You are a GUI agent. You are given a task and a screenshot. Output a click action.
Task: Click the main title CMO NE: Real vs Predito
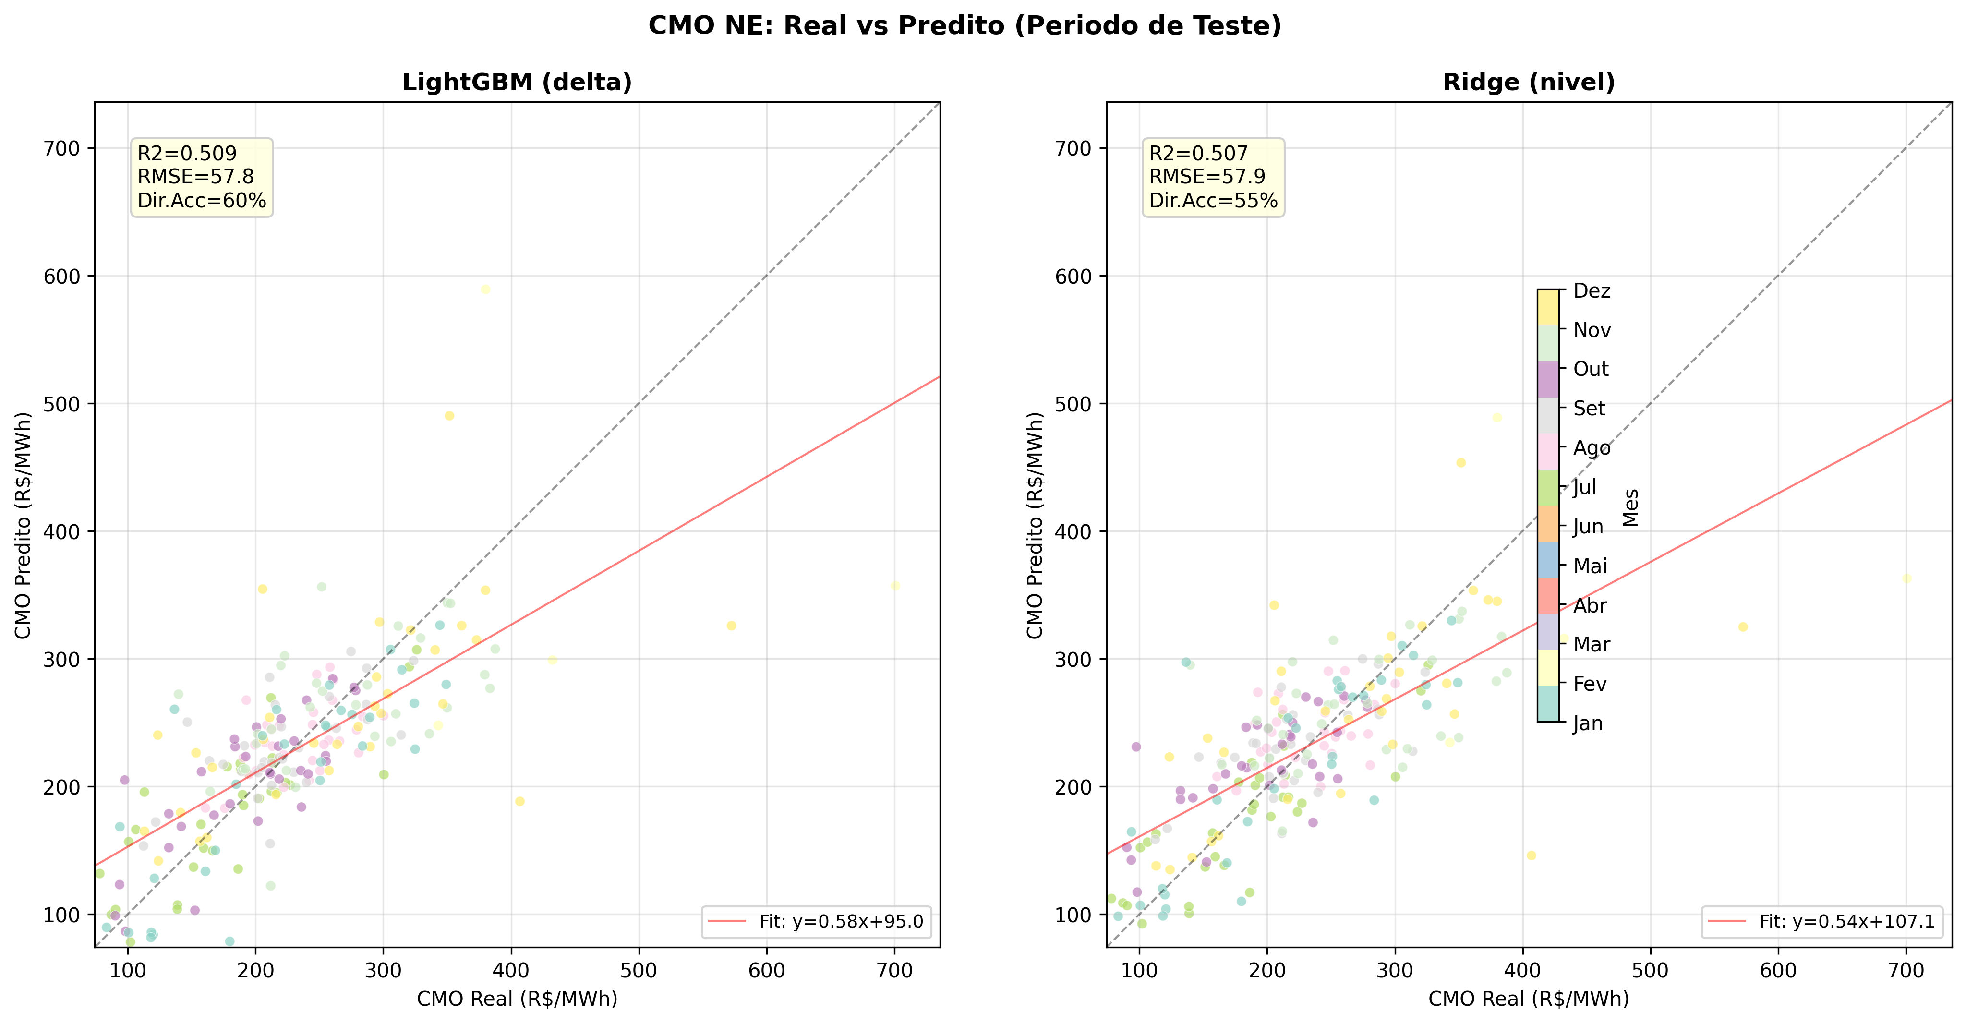click(965, 26)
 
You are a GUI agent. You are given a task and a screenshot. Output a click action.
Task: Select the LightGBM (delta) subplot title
click(517, 83)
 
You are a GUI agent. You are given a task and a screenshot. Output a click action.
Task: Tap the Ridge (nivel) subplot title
click(1529, 83)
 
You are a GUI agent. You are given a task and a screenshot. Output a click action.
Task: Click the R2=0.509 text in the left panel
click(187, 153)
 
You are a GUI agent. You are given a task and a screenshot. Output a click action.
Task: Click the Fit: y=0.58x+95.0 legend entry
click(840, 922)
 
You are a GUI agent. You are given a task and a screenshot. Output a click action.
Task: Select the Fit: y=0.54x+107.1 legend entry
click(1846, 922)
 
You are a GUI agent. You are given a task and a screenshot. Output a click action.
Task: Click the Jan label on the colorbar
click(1588, 723)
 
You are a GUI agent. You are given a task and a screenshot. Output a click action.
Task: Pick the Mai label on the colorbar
click(1590, 566)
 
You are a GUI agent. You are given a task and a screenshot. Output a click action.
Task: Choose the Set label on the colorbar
click(1589, 408)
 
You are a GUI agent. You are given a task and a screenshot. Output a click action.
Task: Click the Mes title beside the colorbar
click(1630, 507)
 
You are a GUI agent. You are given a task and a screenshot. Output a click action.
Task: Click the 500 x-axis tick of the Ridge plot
click(1651, 971)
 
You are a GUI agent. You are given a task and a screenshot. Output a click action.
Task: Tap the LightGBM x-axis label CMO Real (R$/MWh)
click(517, 999)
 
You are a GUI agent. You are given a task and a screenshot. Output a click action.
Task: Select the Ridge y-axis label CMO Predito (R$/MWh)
click(1034, 525)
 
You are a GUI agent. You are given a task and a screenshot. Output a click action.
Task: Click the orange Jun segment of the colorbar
click(1548, 523)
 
